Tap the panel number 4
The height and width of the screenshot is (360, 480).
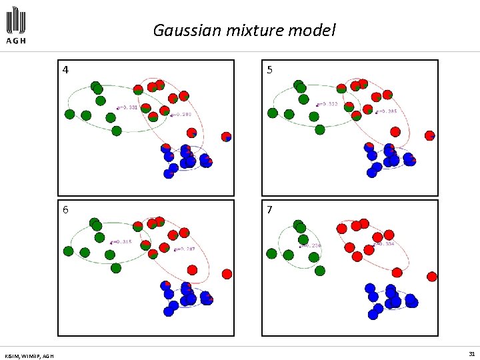(x=65, y=69)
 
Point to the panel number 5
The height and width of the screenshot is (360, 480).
(x=269, y=69)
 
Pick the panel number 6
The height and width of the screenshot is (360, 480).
(x=65, y=209)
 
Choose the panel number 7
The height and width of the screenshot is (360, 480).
(x=269, y=209)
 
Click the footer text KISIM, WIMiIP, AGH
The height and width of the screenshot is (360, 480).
(x=29, y=355)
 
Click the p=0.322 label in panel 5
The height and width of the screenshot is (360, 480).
(x=328, y=104)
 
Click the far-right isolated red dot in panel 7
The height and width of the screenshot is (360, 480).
(x=432, y=276)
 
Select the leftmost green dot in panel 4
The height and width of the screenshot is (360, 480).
(x=69, y=114)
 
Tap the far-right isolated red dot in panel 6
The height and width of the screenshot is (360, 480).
(x=227, y=273)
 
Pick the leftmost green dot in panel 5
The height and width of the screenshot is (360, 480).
(x=272, y=113)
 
